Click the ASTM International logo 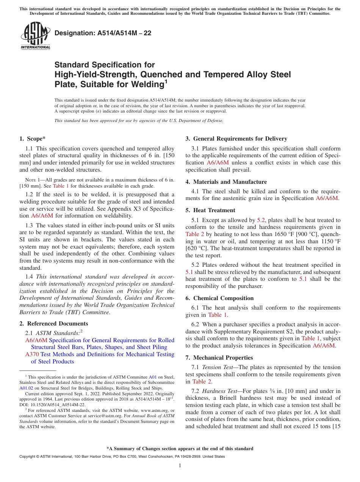click(35, 36)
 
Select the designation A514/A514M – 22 click(103, 33)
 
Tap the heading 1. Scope click(33, 139)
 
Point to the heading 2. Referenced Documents click(54, 324)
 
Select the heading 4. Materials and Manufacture click(226, 182)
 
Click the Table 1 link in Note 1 click(61, 186)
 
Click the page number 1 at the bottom click(180, 466)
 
